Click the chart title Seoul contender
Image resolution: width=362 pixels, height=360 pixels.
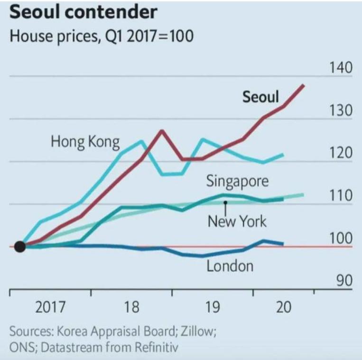(83, 12)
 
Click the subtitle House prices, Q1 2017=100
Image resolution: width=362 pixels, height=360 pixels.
(102, 37)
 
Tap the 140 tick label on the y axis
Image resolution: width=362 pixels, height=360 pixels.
(341, 68)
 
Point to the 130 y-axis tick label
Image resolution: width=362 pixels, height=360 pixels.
(341, 111)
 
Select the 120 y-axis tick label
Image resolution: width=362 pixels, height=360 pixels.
(341, 153)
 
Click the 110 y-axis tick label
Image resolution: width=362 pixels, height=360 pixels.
(341, 196)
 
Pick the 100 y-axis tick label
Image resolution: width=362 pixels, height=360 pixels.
(341, 239)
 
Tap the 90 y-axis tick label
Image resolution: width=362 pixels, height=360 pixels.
(344, 281)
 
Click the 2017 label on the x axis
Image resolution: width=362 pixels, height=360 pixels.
(51, 307)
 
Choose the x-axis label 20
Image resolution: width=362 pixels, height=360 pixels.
(283, 307)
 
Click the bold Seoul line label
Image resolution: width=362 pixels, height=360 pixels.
(260, 97)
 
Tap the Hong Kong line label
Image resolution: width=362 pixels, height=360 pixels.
(85, 141)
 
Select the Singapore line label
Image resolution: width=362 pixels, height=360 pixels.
(237, 181)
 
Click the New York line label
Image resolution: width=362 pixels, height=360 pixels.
(237, 221)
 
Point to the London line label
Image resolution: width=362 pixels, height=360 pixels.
(230, 266)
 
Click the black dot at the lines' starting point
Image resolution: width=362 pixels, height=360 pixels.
(20, 247)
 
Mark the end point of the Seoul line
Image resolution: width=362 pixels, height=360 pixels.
(304, 85)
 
